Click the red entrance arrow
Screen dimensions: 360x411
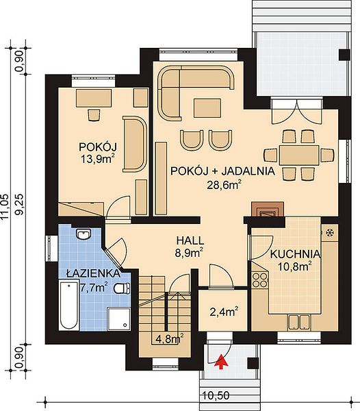[221, 362]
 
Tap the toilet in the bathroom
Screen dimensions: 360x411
[122, 288]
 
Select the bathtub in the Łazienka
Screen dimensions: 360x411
[69, 305]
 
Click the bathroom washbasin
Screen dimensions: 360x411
[83, 234]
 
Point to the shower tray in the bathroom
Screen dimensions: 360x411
[118, 319]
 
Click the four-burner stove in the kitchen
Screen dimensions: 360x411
[259, 280]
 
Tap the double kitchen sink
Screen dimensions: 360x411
[298, 322]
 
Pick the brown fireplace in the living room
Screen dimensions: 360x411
[268, 209]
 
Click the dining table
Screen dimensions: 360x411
[299, 155]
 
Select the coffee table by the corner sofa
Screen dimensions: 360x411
[207, 108]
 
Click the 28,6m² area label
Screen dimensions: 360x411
[224, 185]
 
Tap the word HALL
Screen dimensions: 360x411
[190, 240]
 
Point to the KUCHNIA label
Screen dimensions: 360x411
[296, 254]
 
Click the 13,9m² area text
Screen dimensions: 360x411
[98, 159]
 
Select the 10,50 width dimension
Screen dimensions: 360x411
[216, 395]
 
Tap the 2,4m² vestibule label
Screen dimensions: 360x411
[224, 312]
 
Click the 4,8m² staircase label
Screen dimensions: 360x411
[169, 340]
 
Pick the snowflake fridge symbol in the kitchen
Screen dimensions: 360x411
[329, 232]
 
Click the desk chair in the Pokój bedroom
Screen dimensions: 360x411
[94, 115]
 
